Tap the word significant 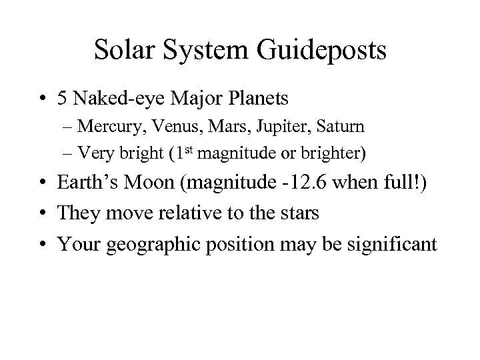pyautogui.click(x=395, y=245)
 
